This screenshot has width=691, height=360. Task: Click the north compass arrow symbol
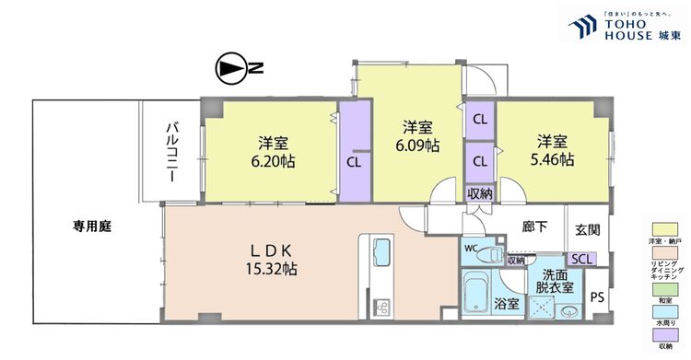[229, 68]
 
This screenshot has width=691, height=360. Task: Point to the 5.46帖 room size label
[554, 158]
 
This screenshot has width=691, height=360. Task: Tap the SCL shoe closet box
[582, 259]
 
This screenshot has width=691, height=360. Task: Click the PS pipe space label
[597, 297]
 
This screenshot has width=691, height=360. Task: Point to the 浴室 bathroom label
[506, 303]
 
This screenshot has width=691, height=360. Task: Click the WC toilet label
[471, 248]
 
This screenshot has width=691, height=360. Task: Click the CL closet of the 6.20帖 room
[354, 160]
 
